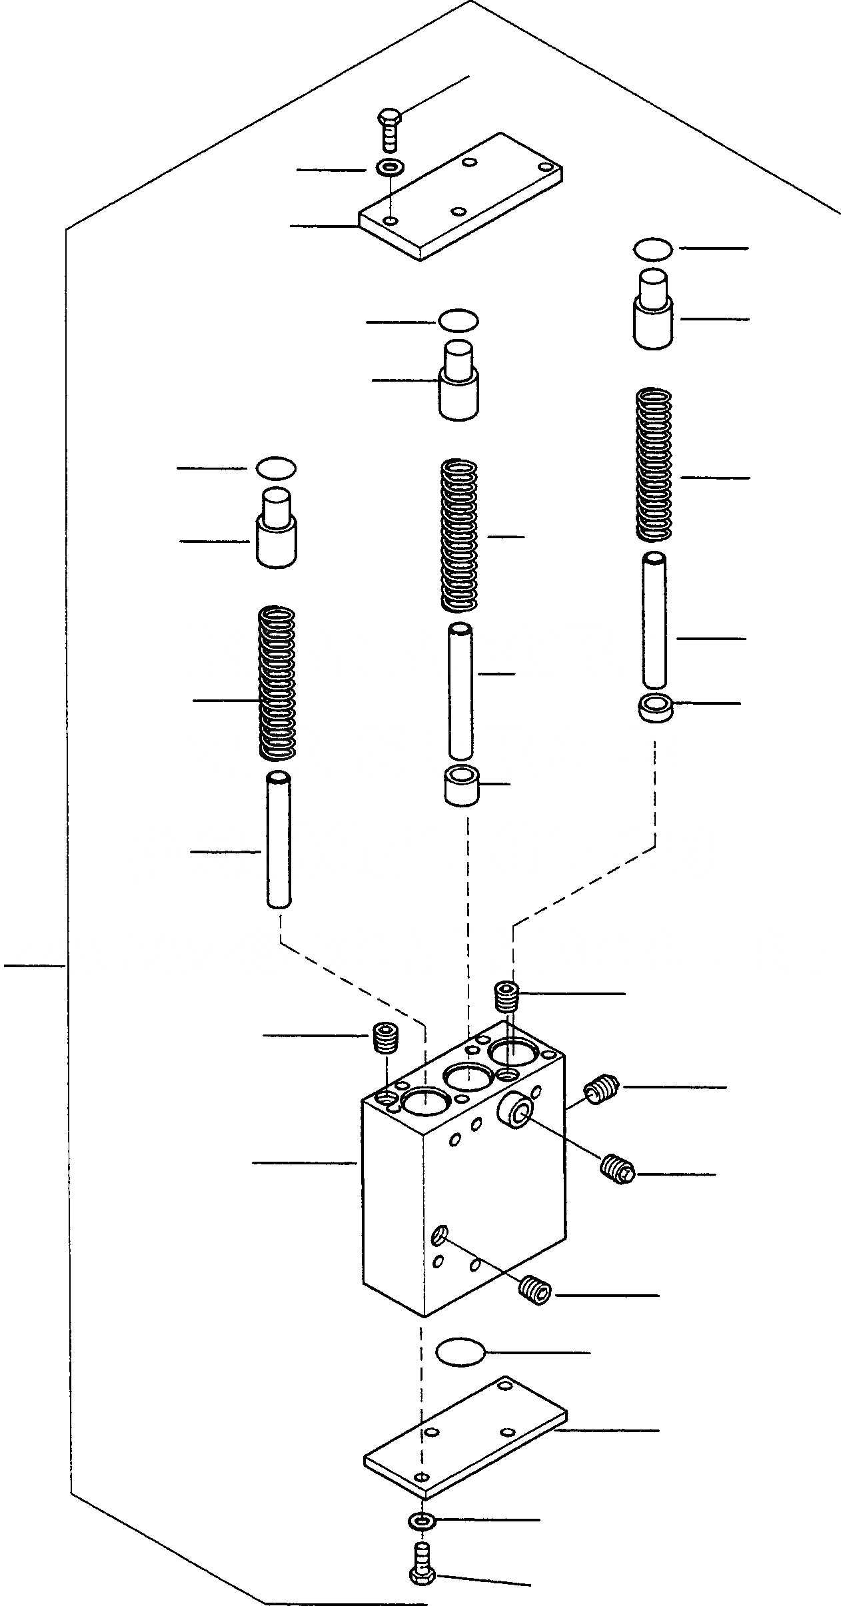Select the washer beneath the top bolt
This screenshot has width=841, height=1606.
click(x=389, y=167)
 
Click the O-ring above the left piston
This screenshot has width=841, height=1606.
click(x=276, y=468)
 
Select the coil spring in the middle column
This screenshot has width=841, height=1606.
click(x=460, y=535)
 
